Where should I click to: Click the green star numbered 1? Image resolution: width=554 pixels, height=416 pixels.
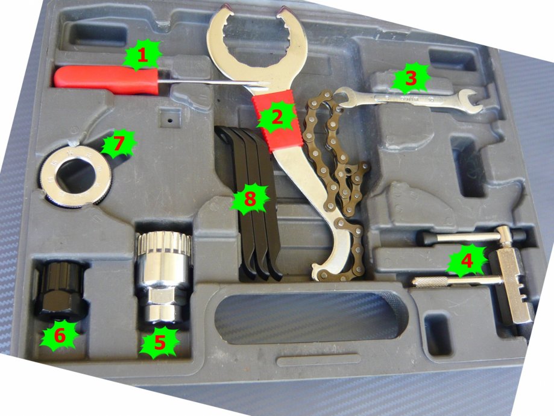click(142, 55)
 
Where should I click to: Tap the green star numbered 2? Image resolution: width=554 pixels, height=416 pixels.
click(277, 118)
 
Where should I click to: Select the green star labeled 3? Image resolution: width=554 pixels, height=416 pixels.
click(411, 78)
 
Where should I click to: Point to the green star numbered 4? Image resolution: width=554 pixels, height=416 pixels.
click(467, 261)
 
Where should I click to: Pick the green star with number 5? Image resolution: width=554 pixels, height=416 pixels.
click(159, 342)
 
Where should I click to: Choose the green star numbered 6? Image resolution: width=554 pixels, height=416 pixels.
click(60, 335)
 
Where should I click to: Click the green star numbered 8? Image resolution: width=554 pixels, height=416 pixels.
click(250, 198)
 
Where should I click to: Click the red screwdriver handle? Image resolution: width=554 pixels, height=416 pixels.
click(106, 80)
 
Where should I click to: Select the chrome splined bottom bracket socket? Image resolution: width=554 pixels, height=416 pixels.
click(163, 277)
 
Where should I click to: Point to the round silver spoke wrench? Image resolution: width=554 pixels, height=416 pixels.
click(76, 177)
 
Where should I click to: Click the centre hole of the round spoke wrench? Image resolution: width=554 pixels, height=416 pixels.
click(76, 176)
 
